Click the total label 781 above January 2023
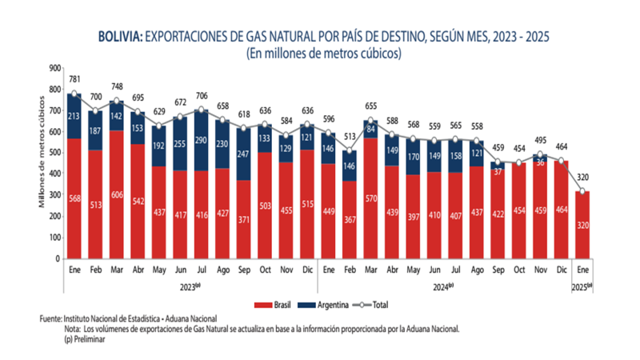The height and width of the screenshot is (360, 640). point(74,78)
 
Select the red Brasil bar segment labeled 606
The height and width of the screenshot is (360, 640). point(117,194)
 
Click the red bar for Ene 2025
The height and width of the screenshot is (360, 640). point(583,225)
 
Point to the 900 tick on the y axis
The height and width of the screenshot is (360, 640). point(54,68)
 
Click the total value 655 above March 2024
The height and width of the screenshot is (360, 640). point(370,106)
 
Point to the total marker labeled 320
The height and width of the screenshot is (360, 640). point(583,191)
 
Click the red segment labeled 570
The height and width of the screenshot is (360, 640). point(370,198)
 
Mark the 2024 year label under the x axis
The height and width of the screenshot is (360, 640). point(443,286)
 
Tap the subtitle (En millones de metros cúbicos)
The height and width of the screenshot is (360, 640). point(323,54)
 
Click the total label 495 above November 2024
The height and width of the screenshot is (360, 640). point(541,140)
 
